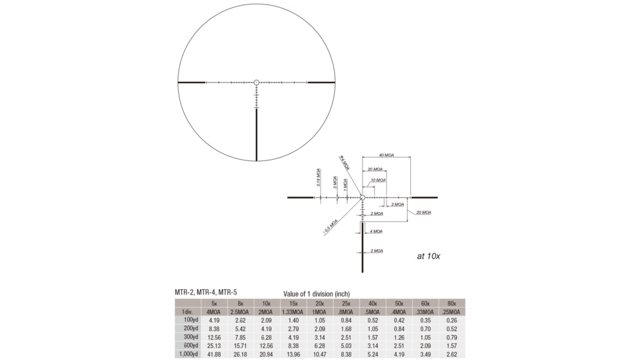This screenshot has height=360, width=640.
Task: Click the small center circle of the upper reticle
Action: (x=257, y=82)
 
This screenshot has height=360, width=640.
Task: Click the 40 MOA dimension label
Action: (x=386, y=156)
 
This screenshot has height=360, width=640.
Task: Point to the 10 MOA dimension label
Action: (x=378, y=180)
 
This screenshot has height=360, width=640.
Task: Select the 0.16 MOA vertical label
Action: (x=318, y=180)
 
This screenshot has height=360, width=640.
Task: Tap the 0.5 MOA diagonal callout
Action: (x=330, y=226)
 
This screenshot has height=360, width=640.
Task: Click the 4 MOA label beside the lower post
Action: (x=376, y=231)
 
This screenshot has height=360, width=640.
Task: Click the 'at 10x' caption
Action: (x=429, y=256)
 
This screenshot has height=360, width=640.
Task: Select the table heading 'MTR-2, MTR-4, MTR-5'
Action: (x=202, y=292)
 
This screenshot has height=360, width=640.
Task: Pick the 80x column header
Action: (x=452, y=303)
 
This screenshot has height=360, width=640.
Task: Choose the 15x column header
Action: (x=293, y=303)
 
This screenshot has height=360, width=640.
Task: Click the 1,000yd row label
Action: (x=187, y=354)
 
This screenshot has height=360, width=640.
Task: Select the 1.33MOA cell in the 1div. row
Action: (x=293, y=312)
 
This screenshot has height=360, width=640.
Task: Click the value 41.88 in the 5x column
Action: (x=214, y=354)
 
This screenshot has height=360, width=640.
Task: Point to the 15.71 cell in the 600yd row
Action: (x=240, y=346)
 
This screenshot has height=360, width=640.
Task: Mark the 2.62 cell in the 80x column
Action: (x=452, y=354)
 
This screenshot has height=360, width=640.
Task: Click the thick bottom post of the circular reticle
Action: (x=257, y=134)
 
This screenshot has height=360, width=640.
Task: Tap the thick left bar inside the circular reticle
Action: (x=192, y=82)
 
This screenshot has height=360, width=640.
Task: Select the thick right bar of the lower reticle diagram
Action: (x=424, y=197)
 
